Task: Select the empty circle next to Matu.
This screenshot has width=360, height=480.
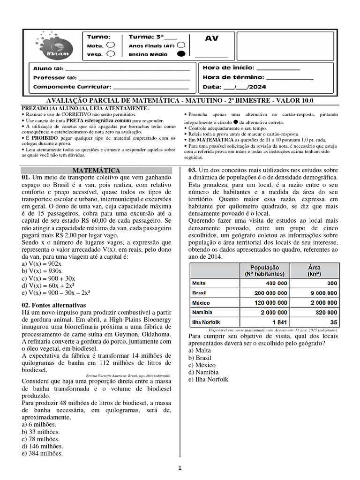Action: [x=111, y=45]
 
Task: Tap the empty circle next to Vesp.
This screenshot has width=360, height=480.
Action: [x=111, y=54]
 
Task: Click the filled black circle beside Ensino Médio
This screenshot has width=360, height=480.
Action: [x=181, y=54]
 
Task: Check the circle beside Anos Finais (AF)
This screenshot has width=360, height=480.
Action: [x=181, y=45]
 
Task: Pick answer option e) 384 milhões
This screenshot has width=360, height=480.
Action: [x=42, y=453]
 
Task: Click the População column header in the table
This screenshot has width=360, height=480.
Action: [x=265, y=270]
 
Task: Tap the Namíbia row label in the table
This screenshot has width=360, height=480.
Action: [x=202, y=312]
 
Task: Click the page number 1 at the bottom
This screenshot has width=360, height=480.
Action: [x=180, y=467]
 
